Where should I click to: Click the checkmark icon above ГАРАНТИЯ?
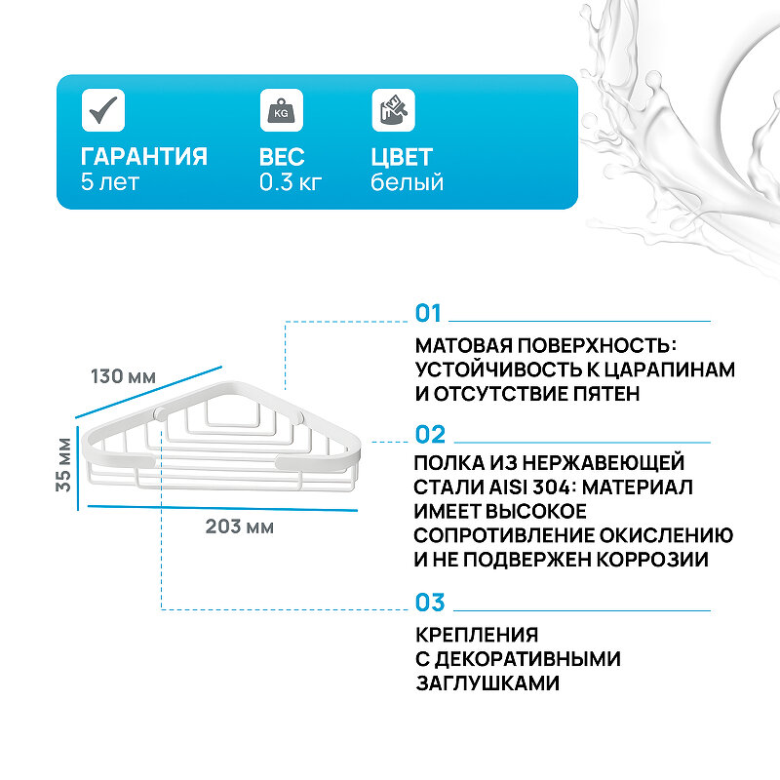(x=102, y=109)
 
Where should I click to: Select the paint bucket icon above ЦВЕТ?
(x=393, y=109)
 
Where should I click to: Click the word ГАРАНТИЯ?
(x=144, y=157)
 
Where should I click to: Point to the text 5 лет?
(x=110, y=182)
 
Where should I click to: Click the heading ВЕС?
(x=283, y=157)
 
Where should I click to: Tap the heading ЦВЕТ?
(x=402, y=157)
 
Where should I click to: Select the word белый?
(x=407, y=182)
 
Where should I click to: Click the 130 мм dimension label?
(x=123, y=376)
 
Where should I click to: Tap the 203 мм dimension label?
(x=239, y=527)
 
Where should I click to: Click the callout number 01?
(x=428, y=314)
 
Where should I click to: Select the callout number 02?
(x=429, y=435)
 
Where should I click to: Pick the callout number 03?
(x=429, y=602)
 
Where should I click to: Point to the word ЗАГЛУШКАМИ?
(x=487, y=682)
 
